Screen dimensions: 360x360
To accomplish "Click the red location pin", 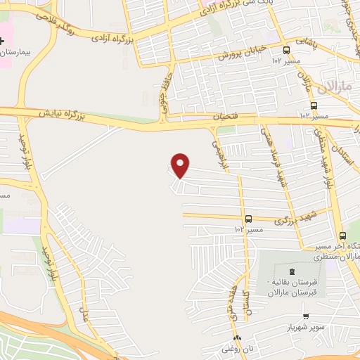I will coord(181,165).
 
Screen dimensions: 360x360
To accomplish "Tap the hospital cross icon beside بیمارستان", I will coord(3,41).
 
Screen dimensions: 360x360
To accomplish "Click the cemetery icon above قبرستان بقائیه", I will coord(293,271).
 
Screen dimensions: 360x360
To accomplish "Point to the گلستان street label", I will coord(245,301).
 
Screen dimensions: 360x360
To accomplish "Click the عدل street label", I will coord(85,313).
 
